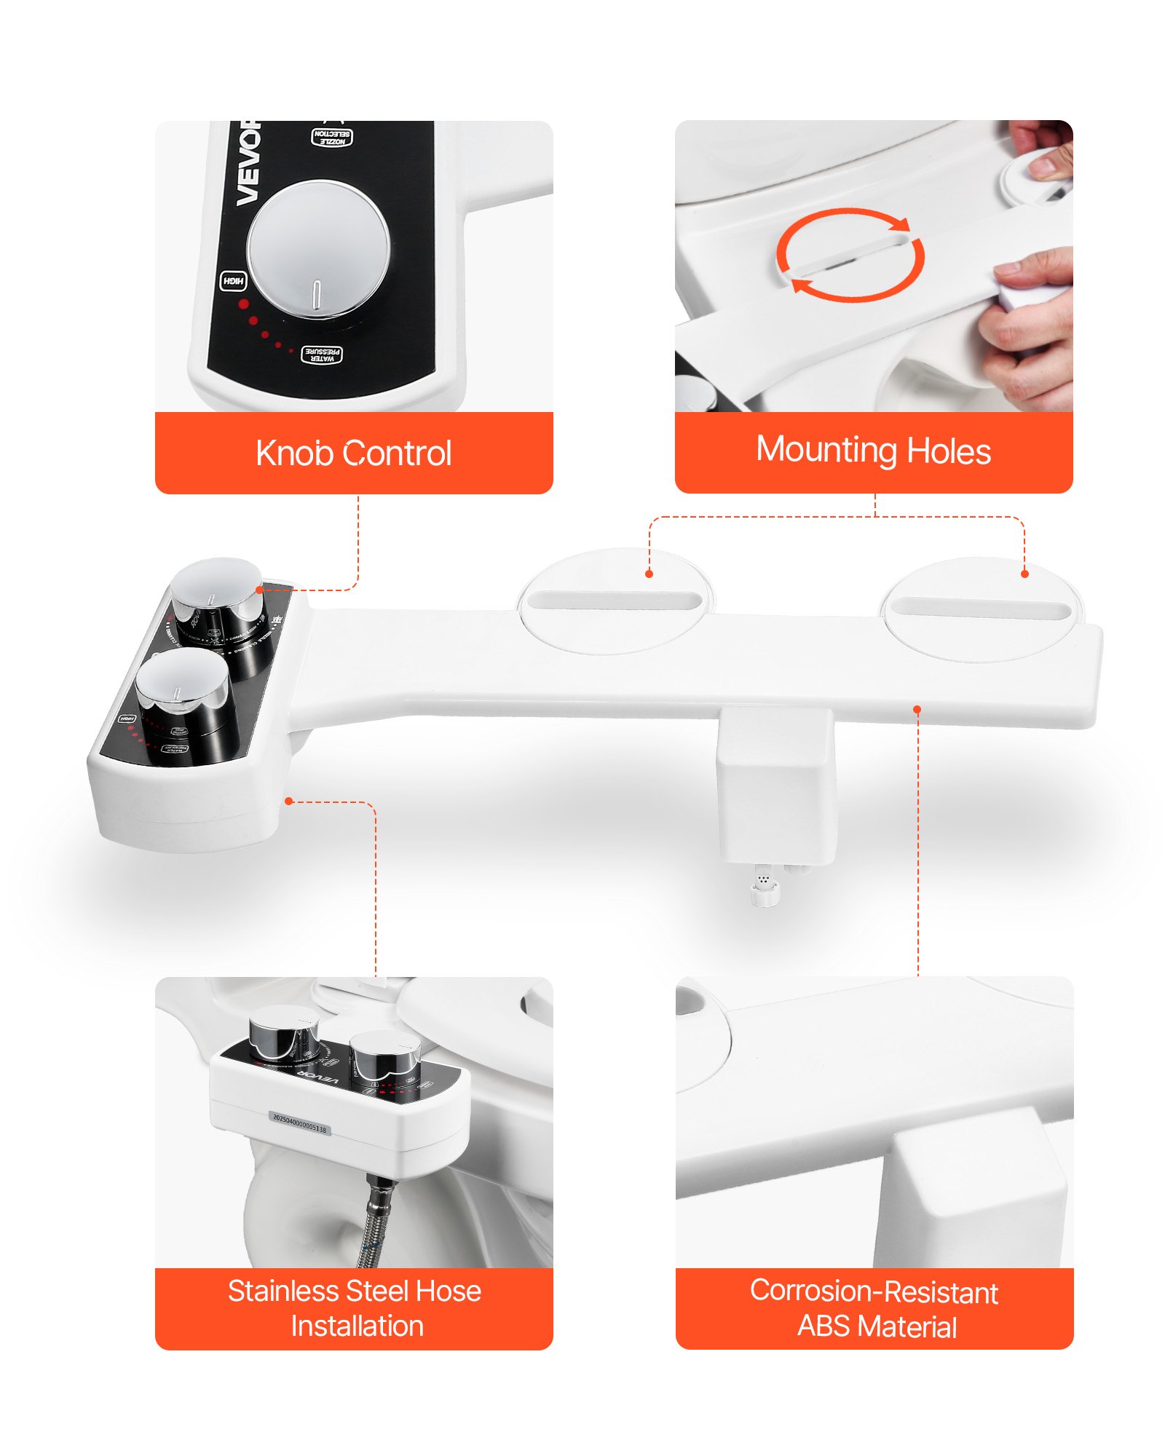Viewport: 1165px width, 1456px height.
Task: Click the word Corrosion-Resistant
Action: coord(873,1291)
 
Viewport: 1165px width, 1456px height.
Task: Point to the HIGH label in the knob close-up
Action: coord(233,281)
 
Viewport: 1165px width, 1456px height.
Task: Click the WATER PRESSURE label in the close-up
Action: coord(321,355)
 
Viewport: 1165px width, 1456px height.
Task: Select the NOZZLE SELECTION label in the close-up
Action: coord(332,137)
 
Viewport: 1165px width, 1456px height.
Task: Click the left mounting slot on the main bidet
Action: coord(614,601)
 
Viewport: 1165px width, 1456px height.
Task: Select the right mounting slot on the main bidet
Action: coord(981,609)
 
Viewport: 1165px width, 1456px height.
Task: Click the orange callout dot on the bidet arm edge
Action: coord(917,709)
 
